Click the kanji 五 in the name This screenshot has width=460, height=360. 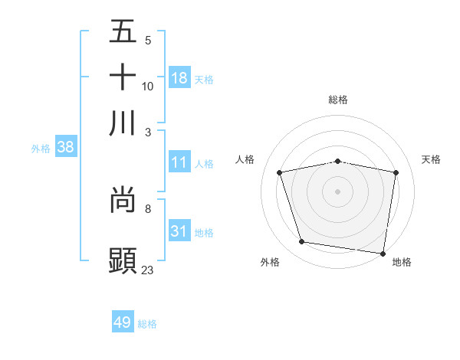pyautogui.click(x=123, y=33)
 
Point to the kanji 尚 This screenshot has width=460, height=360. pyautogui.click(x=123, y=201)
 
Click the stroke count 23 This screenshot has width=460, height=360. pyautogui.click(x=148, y=270)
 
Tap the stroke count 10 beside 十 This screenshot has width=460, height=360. pyautogui.click(x=148, y=86)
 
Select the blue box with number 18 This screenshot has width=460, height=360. pyautogui.click(x=179, y=78)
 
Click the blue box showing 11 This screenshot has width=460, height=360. pyautogui.click(x=179, y=162)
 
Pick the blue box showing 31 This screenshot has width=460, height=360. pyautogui.click(x=179, y=231)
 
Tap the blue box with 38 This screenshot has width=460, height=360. pyautogui.click(x=65, y=148)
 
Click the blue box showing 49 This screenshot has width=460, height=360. pyautogui.click(x=123, y=322)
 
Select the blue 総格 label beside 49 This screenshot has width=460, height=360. pyautogui.click(x=147, y=324)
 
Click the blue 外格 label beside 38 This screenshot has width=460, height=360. pyautogui.click(x=41, y=149)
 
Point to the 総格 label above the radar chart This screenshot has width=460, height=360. pyautogui.click(x=338, y=100)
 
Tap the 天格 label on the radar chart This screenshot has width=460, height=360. pyautogui.click(x=432, y=159)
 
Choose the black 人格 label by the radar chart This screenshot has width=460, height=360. pyautogui.click(x=245, y=159)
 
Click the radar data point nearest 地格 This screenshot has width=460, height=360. pyautogui.click(x=383, y=253)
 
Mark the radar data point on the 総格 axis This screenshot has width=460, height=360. pyautogui.click(x=338, y=161)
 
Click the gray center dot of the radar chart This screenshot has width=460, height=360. pyautogui.click(x=338, y=191)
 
